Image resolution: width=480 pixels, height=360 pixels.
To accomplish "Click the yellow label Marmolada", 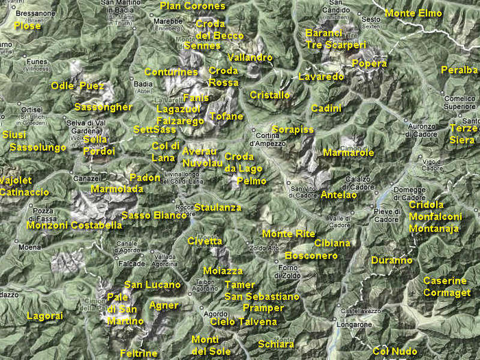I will pyautogui.click(x=117, y=189).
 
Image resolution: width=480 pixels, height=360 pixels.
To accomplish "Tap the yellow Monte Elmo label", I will pyautogui.click(x=413, y=13).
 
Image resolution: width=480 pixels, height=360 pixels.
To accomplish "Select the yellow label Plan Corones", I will pyautogui.click(x=193, y=6).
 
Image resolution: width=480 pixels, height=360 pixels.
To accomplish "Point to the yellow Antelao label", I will pyautogui.click(x=338, y=195).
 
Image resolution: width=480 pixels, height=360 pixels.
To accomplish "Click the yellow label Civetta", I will pyautogui.click(x=205, y=241).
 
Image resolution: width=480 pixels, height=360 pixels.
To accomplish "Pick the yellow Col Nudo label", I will pyautogui.click(x=395, y=351).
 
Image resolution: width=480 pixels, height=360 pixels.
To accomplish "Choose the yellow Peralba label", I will pyautogui.click(x=459, y=70).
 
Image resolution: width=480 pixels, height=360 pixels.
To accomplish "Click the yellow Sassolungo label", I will pyautogui.click(x=38, y=147).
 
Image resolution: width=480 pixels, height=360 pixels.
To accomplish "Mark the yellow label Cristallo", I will pyautogui.click(x=269, y=95).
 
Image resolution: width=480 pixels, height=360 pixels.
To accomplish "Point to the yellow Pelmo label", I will pyautogui.click(x=251, y=181).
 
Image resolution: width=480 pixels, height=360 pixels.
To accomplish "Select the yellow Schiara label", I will pyautogui.click(x=276, y=344).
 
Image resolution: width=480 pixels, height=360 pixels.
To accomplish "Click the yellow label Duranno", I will pyautogui.click(x=392, y=260).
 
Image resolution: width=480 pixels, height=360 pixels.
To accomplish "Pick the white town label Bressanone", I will pyautogui.click(x=34, y=13).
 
